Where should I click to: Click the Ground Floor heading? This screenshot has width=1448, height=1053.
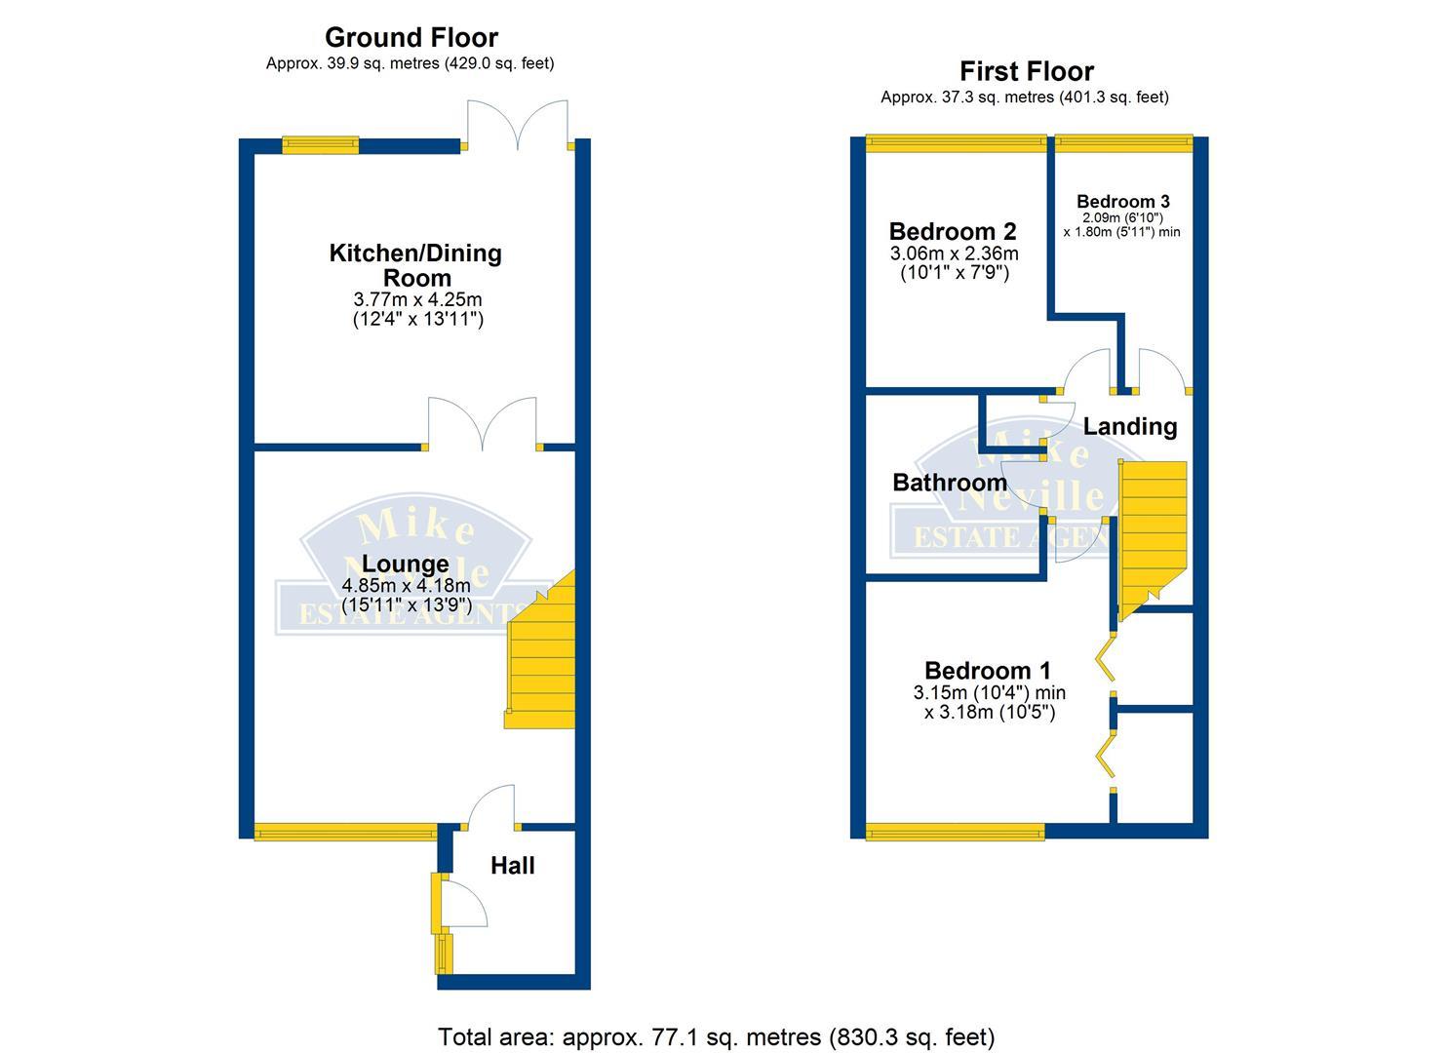(411, 38)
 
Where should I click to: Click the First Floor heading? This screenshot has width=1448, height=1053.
(1026, 71)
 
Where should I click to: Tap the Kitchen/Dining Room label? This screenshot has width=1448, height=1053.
(415, 265)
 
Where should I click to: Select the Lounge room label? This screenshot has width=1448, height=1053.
(405, 564)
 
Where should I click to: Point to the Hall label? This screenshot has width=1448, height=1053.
(512, 866)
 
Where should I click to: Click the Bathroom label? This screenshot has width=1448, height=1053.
(949, 483)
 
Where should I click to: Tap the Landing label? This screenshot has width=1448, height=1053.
(1129, 426)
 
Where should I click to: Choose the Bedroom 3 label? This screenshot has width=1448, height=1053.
(1122, 202)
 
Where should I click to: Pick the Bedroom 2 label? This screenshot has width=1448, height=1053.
(952, 232)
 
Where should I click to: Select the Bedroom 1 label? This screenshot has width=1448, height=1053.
(987, 671)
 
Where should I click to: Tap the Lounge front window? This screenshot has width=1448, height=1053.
(346, 832)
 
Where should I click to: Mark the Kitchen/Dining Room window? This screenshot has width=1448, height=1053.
(320, 145)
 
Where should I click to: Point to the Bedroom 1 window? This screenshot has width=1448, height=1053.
(955, 832)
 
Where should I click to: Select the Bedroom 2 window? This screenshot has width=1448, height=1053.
(956, 143)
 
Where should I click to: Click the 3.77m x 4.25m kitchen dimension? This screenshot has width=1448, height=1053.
(418, 300)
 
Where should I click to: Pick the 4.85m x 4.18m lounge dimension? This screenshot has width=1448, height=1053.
(406, 586)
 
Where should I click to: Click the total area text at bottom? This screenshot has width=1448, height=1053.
(716, 1036)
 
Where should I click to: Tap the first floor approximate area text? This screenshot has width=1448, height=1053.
(1024, 97)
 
